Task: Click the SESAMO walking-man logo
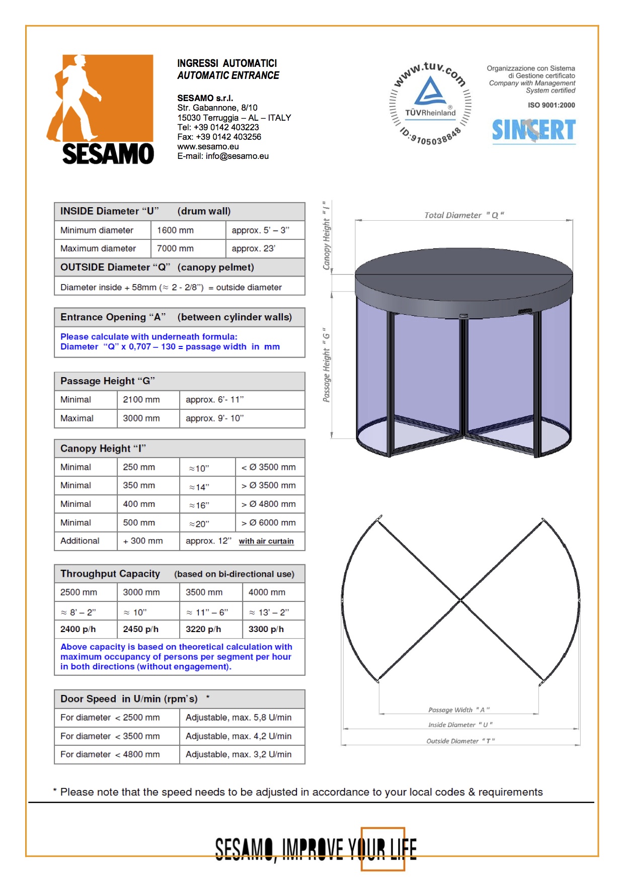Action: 101,109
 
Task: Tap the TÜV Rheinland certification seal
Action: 431,104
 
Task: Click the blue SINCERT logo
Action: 533,130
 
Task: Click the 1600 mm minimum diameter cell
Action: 175,230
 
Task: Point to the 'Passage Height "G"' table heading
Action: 108,381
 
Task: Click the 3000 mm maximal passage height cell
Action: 141,418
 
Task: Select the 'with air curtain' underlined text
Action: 266,541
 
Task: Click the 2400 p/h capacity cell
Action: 78,629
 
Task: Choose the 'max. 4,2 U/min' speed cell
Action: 239,736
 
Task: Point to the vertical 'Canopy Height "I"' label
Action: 327,236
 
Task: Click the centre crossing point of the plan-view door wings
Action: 460,600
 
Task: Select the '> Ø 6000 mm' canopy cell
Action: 269,523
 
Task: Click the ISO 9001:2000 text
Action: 551,105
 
